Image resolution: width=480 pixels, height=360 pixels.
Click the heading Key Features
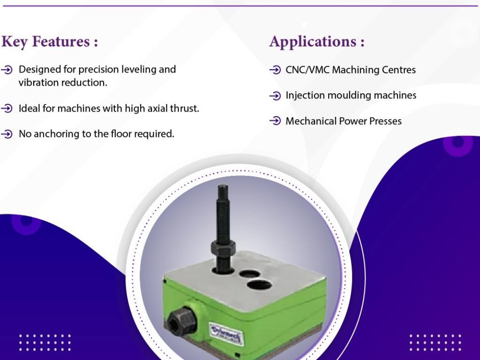pos(50,42)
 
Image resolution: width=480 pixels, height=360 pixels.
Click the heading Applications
pos(317,42)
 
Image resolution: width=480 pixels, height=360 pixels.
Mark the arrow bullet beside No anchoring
pos(7,134)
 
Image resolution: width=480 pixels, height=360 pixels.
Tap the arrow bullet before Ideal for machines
pos(7,109)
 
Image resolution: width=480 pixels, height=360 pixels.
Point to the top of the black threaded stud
pos(222,188)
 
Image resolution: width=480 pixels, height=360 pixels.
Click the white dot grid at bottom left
pos(45,342)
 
